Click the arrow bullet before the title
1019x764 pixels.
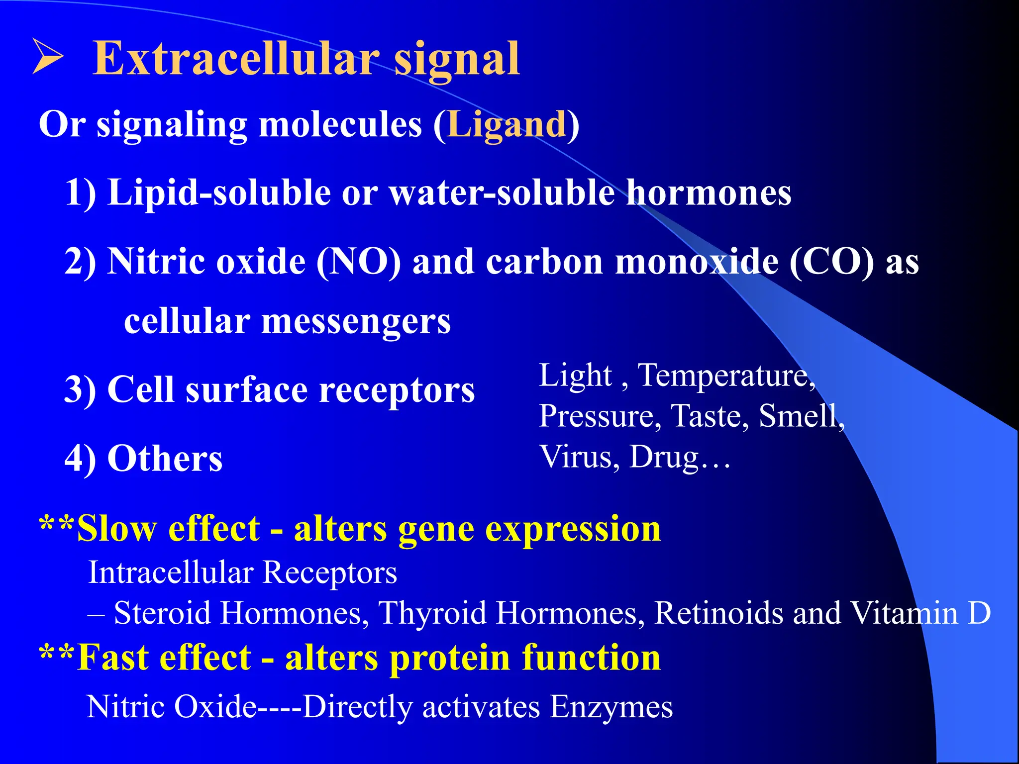48,57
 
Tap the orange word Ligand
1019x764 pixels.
507,124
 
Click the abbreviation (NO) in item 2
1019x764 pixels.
358,262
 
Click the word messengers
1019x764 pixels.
356,322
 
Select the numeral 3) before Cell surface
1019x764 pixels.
80,390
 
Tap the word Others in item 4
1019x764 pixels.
165,459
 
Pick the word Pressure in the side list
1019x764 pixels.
600,416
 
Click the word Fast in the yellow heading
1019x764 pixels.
113,658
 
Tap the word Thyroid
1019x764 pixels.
432,613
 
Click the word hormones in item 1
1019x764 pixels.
709,193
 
